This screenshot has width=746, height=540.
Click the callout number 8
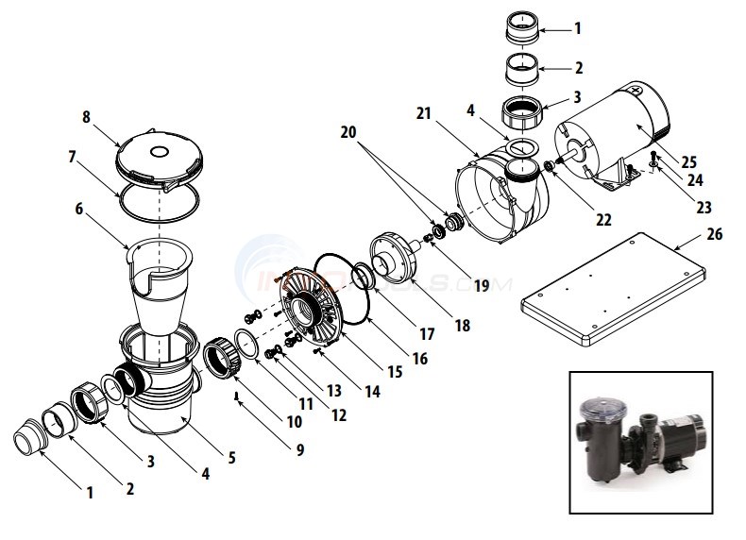[88, 118]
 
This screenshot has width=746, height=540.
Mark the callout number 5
[230, 457]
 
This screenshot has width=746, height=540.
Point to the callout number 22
[602, 220]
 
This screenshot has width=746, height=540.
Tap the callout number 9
[299, 450]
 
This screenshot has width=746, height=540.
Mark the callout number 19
[482, 283]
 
